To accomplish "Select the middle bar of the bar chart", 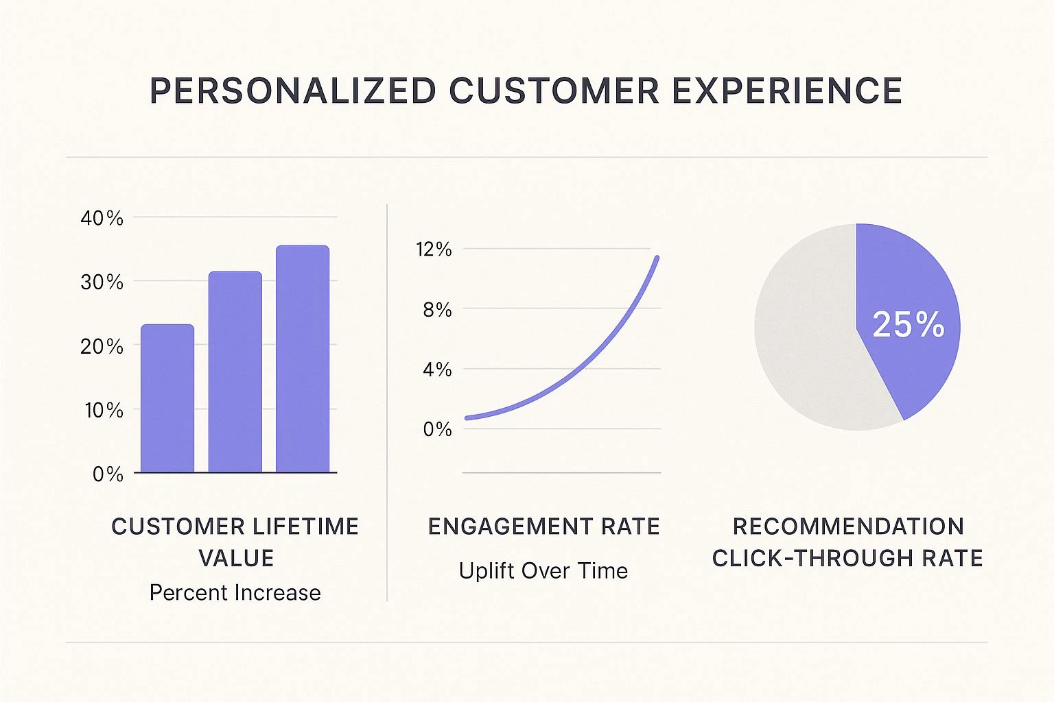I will coord(235,372).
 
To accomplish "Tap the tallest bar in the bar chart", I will coord(303,359).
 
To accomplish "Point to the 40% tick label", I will coord(102,218).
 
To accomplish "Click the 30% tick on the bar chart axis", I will coord(102,282).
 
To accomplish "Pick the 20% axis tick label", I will coord(102,346).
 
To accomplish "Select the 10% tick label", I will coord(104,410).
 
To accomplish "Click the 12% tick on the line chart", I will coord(434,249).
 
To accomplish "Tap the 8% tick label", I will coord(437,309).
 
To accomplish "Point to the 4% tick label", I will coord(437,370).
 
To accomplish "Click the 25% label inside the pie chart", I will coord(908,324).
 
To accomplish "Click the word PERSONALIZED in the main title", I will coord(292,91).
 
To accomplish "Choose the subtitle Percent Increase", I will coord(235,592).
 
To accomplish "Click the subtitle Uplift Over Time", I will coord(543,570).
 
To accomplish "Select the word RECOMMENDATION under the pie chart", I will coord(848,526).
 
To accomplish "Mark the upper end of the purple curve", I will coord(657,258).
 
